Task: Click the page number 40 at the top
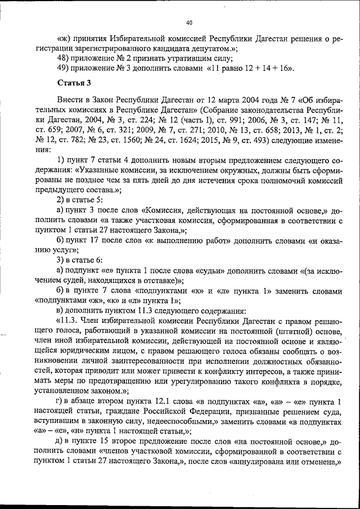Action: tap(188, 22)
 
